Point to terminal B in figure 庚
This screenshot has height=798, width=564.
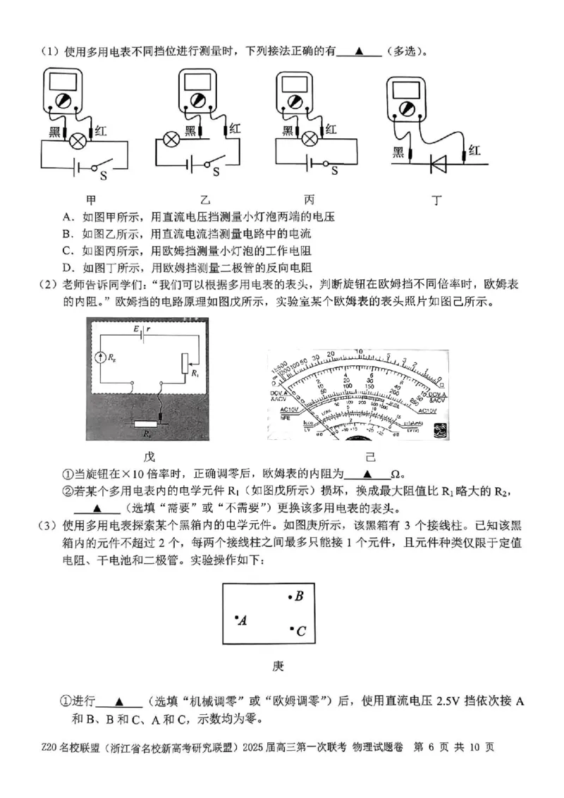298,596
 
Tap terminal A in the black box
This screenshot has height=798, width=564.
243,620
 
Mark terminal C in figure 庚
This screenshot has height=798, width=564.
300,631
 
